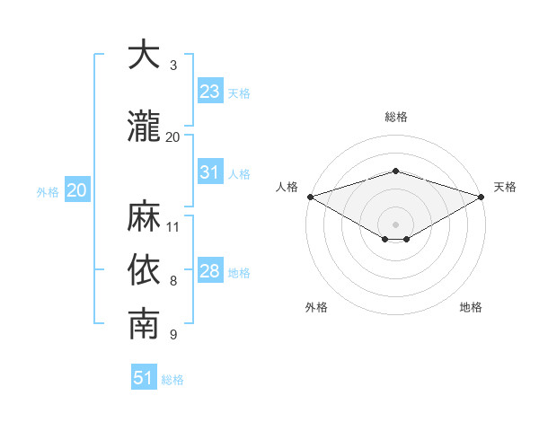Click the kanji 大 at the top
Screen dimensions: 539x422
pyautogui.click(x=144, y=54)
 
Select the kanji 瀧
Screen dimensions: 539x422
pyautogui.click(x=144, y=126)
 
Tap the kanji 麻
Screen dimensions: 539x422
pyautogui.click(x=144, y=215)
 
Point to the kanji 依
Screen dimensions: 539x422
pyautogui.click(x=144, y=269)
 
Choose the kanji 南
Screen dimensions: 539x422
pyautogui.click(x=144, y=323)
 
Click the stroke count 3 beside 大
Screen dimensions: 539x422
pyautogui.click(x=173, y=66)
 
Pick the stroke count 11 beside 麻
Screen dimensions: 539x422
pyautogui.click(x=172, y=227)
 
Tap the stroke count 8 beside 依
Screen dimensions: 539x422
pyautogui.click(x=173, y=281)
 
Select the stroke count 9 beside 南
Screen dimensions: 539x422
pyautogui.click(x=173, y=335)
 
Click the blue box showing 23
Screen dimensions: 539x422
pyautogui.click(x=210, y=91)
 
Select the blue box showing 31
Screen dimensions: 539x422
pyautogui.click(x=210, y=171)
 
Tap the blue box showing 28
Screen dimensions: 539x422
pyautogui.click(x=210, y=269)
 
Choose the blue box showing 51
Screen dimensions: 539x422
pyautogui.click(x=144, y=376)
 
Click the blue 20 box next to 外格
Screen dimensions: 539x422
pyautogui.click(x=77, y=189)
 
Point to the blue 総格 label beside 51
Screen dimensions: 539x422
pyautogui.click(x=172, y=380)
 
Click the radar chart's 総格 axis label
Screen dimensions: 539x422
pyautogui.click(x=396, y=117)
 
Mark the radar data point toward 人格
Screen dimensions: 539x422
pyautogui.click(x=311, y=197)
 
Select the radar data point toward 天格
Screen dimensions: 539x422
pyautogui.click(x=482, y=197)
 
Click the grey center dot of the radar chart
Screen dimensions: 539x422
pyautogui.click(x=395, y=224)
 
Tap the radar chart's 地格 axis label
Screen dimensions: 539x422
pyautogui.click(x=471, y=307)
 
